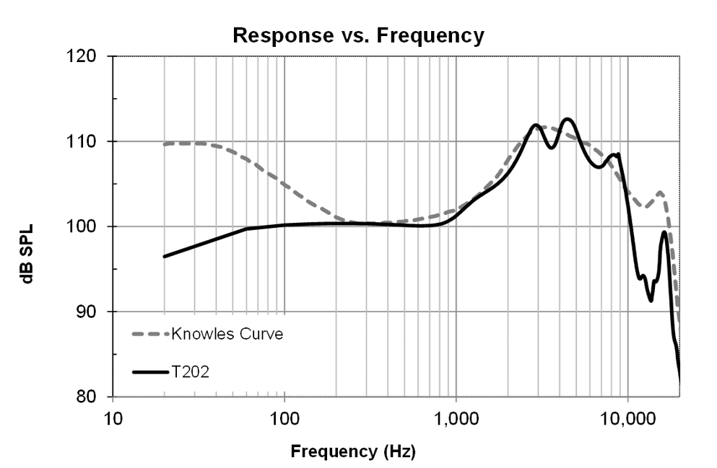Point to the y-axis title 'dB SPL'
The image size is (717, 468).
click(x=27, y=226)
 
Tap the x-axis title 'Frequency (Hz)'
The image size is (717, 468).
click(x=353, y=452)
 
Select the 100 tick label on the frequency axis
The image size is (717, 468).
click(x=284, y=418)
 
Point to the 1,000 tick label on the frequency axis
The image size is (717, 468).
click(x=456, y=418)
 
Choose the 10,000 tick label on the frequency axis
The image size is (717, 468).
click(x=627, y=418)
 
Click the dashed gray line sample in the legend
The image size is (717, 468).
click(x=149, y=335)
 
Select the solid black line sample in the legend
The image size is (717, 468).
click(x=149, y=372)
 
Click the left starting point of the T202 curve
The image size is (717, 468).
click(x=165, y=256)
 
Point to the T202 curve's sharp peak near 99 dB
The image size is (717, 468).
click(x=664, y=232)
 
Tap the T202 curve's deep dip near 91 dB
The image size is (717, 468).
click(x=651, y=300)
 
